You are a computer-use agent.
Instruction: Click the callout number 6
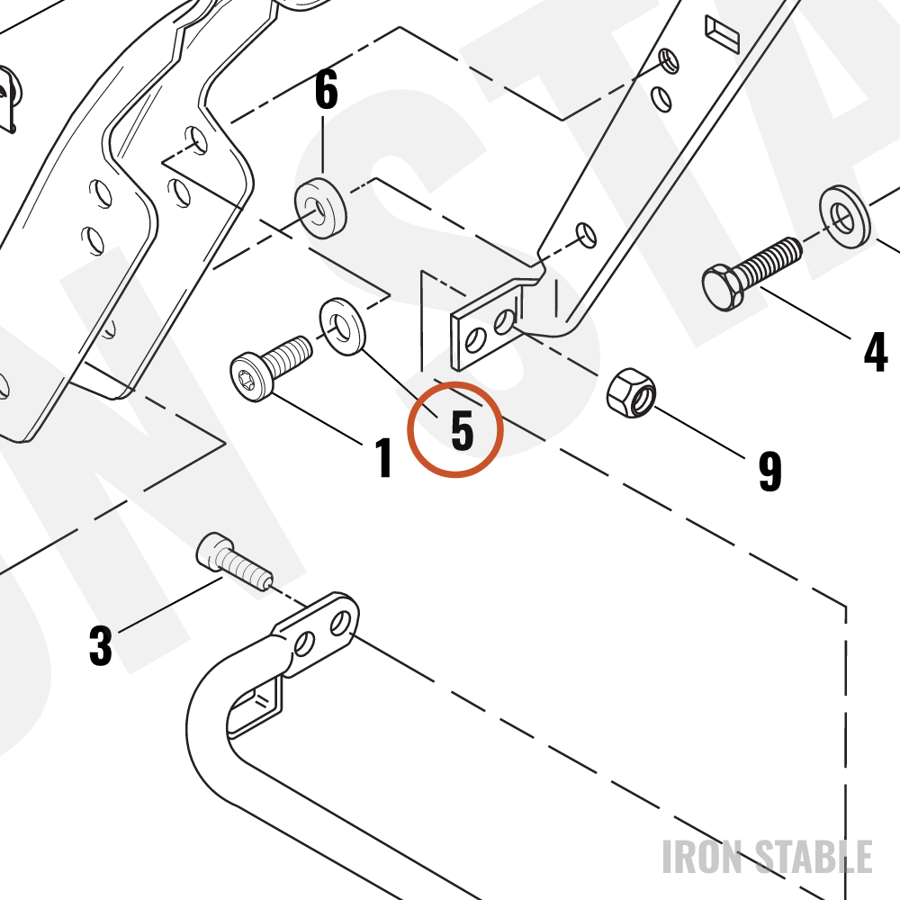[326, 91]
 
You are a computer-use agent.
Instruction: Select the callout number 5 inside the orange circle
[463, 430]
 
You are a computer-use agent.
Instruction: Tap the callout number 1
[384, 457]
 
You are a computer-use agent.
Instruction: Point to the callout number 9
[770, 472]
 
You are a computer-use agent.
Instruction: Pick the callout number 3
[101, 645]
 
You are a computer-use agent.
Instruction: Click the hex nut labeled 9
[632, 393]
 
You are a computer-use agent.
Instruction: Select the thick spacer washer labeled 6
[320, 208]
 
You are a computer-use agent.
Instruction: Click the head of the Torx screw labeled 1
[251, 376]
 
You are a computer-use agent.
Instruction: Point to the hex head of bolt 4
[722, 287]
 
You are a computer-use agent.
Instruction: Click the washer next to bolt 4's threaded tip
[844, 216]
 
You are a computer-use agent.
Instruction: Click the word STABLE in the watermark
[814, 857]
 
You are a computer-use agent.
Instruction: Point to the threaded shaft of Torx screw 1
[291, 353]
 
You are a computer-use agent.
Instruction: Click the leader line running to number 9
[699, 432]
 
